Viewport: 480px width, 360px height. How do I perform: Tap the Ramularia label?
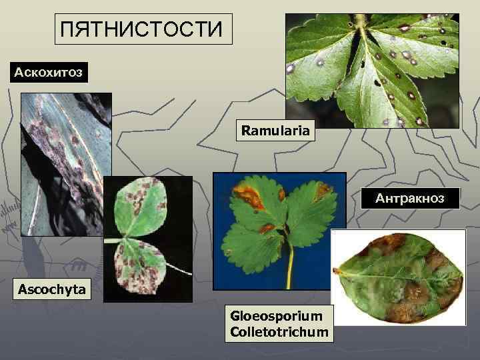pyautogui.click(x=275, y=131)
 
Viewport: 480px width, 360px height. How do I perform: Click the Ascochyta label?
pyautogui.click(x=52, y=290)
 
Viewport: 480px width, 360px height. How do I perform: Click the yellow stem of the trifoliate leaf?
pyautogui.click(x=289, y=267)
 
